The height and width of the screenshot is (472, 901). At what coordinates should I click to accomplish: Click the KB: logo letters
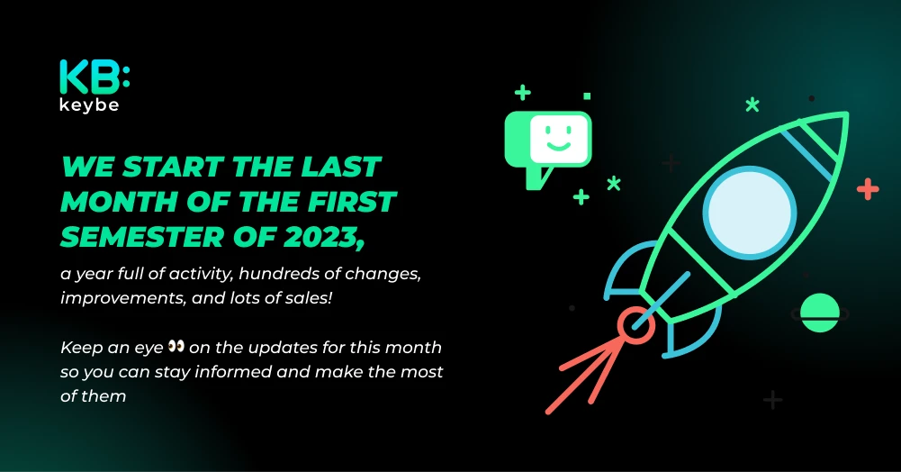[95, 77]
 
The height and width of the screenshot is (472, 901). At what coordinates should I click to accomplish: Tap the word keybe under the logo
[89, 105]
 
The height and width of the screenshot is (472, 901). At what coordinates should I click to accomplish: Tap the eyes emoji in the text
[176, 346]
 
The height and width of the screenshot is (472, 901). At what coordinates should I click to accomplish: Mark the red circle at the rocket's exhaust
[636, 326]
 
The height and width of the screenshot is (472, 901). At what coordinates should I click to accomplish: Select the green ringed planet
[820, 313]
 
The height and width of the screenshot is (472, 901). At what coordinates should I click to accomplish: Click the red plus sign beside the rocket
[868, 189]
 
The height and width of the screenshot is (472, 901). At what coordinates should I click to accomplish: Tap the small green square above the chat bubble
[587, 96]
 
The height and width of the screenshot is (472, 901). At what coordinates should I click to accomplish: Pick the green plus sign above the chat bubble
[522, 93]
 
